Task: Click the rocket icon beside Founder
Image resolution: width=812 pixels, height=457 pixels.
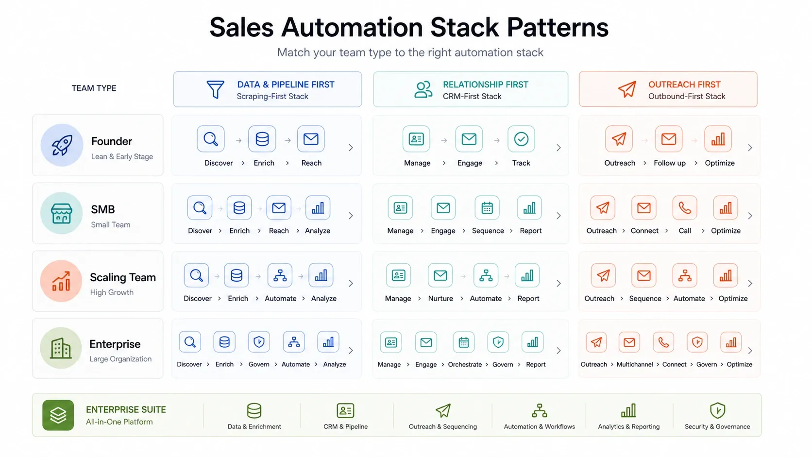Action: [62, 145]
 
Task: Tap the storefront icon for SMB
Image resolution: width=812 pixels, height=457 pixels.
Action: [61, 213]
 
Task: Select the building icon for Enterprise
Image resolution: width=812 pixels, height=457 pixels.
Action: [61, 348]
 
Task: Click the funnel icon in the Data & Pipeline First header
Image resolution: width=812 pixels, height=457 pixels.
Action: [215, 89]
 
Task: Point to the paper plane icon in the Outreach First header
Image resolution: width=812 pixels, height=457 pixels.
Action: [627, 89]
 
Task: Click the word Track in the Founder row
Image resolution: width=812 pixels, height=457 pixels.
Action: [521, 163]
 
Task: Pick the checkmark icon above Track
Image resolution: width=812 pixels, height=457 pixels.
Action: [521, 139]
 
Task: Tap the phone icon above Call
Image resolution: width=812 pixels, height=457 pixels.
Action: [685, 208]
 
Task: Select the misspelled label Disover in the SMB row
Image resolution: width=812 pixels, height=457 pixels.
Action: [200, 231]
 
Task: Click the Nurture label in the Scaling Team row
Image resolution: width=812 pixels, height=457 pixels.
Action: [440, 299]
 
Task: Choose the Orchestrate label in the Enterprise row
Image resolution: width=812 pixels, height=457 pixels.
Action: [465, 365]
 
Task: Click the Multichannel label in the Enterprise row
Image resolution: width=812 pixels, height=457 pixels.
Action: [635, 365]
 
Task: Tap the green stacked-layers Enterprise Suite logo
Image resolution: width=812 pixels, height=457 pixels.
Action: [58, 415]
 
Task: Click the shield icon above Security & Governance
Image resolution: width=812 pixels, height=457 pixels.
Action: [717, 410]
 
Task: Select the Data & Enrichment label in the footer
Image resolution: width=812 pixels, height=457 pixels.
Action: [254, 426]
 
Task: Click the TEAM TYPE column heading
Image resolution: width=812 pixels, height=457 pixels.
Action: [94, 88]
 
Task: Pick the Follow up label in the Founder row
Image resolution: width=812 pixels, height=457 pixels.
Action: [670, 163]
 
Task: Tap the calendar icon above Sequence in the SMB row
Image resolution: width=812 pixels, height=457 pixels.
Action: [487, 208]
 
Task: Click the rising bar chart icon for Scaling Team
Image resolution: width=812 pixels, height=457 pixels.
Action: [61, 281]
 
